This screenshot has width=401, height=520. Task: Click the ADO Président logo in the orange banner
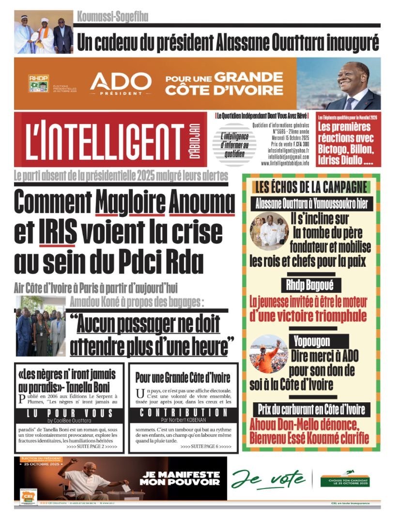[121, 83]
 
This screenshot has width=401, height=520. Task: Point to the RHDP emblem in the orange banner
[38, 83]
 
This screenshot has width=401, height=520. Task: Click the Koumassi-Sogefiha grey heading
[112, 17]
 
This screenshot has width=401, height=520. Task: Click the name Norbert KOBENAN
[200, 420]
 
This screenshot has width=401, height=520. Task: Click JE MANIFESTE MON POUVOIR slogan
[179, 478]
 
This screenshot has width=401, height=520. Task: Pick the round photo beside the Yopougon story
[268, 353]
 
